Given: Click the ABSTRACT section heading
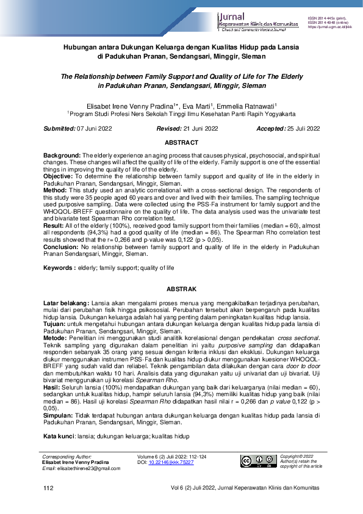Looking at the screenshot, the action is (x=181, y=142).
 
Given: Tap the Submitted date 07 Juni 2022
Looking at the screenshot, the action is (x=95, y=128).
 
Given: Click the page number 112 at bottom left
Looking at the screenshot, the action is (x=48, y=489).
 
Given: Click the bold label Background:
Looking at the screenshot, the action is (x=62, y=156).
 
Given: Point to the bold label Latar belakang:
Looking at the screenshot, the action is (x=66, y=303).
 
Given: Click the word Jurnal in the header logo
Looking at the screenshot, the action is (x=232, y=16).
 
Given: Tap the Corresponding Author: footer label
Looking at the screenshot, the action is (x=66, y=457).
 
